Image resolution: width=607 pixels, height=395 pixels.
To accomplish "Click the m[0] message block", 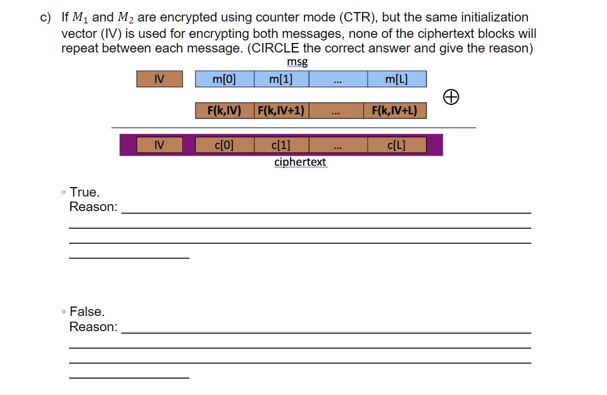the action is [225, 79].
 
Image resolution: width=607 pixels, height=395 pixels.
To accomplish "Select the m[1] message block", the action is [282, 79].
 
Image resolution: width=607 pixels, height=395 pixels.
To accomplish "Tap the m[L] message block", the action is [397, 79].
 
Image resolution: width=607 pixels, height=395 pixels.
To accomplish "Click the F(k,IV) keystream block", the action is [225, 111].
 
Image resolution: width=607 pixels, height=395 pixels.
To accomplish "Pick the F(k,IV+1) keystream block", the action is [282, 111].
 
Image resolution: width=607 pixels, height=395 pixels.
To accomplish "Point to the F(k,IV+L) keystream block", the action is [395, 111].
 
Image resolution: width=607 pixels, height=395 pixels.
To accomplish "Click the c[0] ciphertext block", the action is [225, 145].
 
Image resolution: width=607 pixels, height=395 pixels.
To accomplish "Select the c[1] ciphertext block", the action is [282, 145].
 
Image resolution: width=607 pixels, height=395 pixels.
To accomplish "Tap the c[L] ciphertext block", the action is [397, 145].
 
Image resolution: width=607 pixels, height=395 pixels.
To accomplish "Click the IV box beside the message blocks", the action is [160, 79].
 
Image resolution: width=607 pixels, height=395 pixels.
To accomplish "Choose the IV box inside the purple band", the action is [160, 145].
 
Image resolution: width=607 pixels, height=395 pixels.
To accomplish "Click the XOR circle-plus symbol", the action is [451, 97].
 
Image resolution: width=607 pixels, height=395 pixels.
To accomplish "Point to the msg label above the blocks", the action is [297, 62].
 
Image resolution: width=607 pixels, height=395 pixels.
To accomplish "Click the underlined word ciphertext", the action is [301, 162].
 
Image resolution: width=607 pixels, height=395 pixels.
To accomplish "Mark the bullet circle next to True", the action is [63, 192].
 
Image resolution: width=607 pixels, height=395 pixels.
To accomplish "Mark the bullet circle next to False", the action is [63, 312].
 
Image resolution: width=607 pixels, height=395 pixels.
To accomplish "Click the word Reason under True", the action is [93, 207].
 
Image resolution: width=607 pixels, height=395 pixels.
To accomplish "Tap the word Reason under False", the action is [93, 327].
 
